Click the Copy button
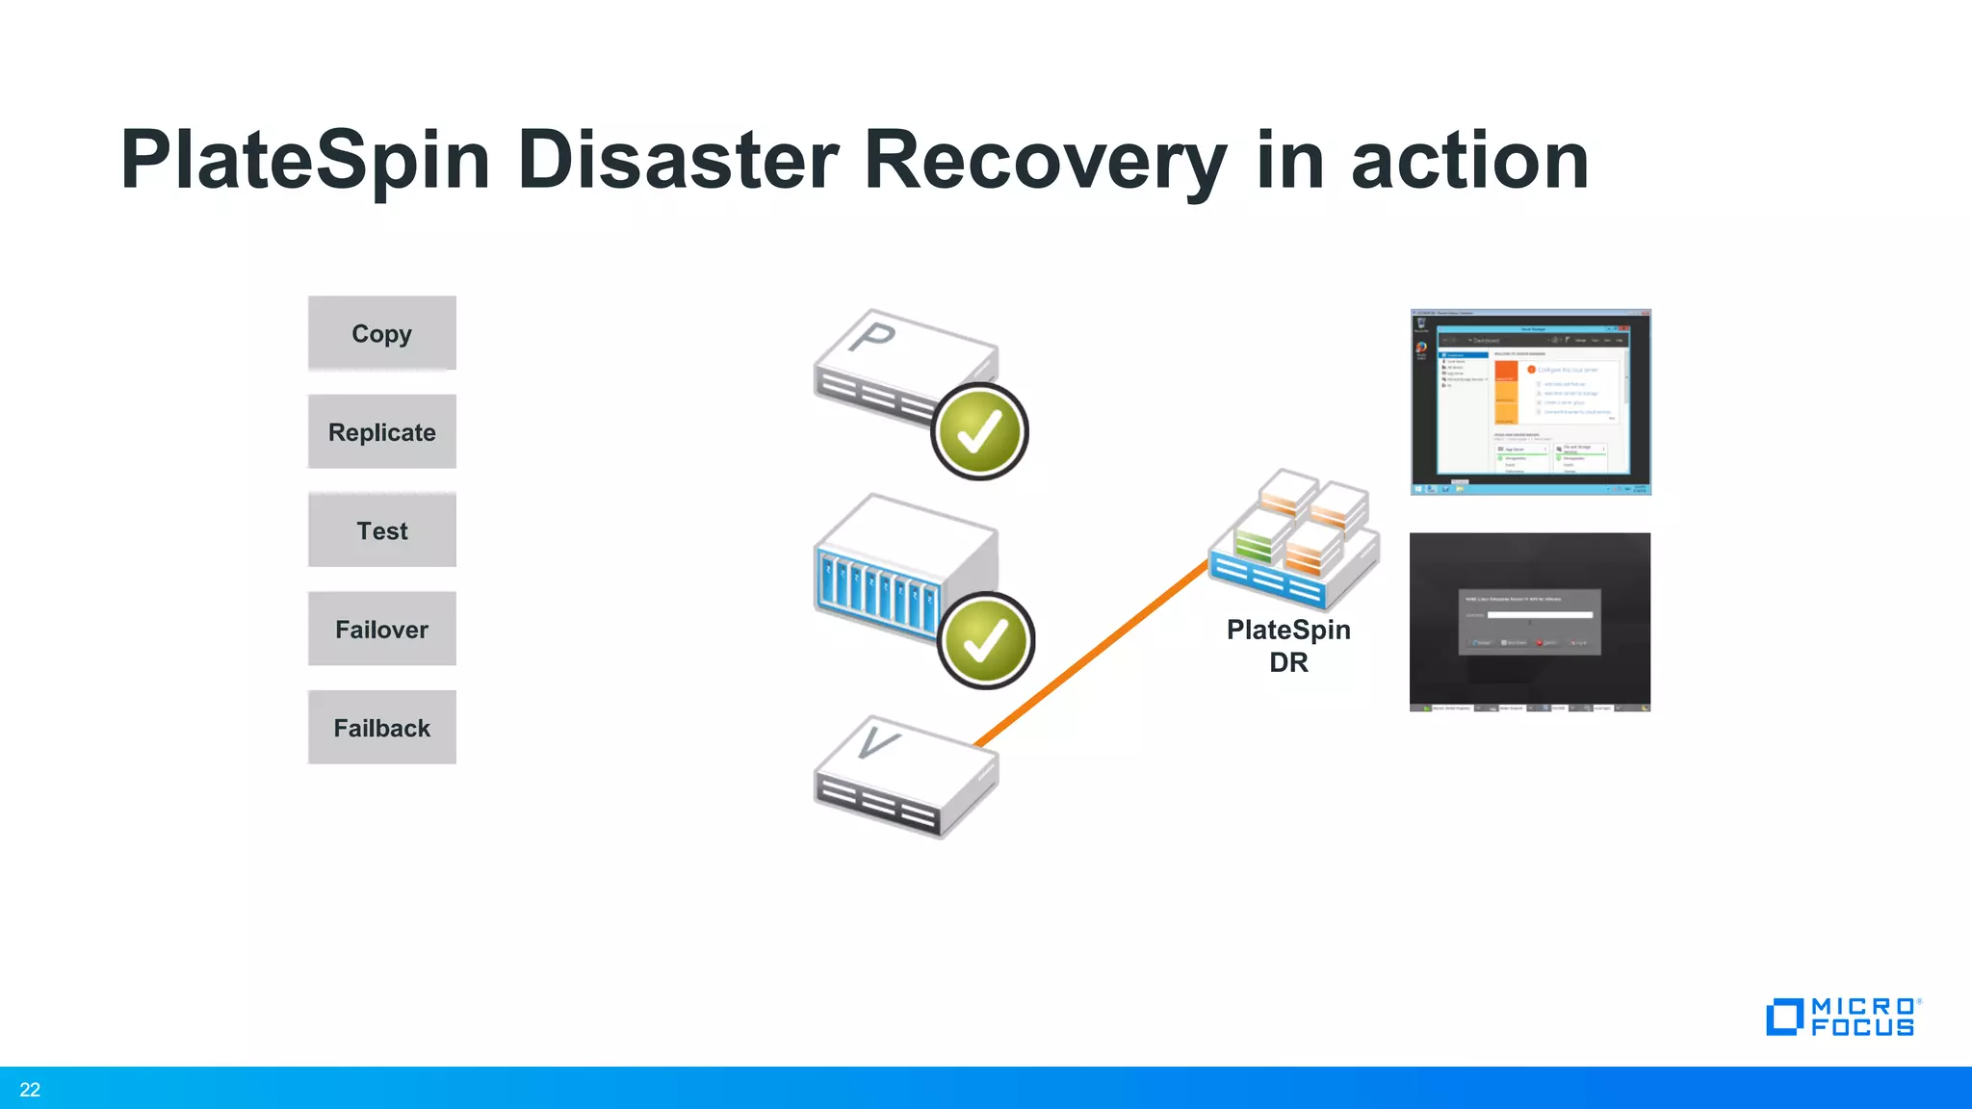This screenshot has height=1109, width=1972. click(381, 333)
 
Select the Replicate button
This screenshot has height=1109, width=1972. click(381, 432)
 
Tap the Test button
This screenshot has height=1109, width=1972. click(381, 530)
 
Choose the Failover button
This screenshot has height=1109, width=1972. click(381, 630)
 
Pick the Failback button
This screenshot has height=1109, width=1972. click(381, 728)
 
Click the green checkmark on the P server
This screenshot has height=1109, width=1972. click(979, 432)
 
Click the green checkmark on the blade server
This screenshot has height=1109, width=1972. click(985, 641)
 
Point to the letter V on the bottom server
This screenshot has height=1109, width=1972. click(876, 742)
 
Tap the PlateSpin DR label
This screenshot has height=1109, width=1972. click(1287, 646)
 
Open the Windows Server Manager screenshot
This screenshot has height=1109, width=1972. click(1530, 402)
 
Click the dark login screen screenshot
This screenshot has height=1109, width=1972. click(1529, 622)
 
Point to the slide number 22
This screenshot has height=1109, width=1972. click(30, 1090)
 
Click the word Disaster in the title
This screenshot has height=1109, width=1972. click(678, 161)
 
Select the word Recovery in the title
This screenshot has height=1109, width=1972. click(1046, 161)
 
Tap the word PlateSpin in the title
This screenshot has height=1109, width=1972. click(305, 161)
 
